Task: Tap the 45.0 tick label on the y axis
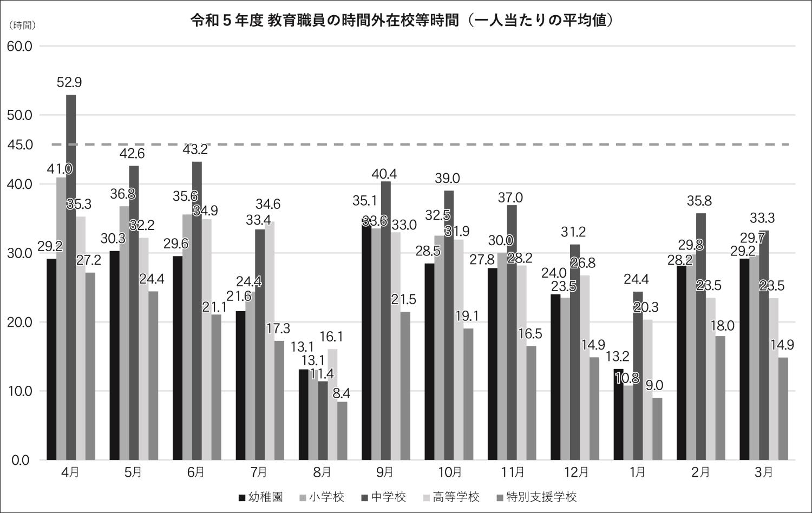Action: point(20,144)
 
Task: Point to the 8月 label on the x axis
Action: point(322,472)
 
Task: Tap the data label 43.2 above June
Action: point(197,149)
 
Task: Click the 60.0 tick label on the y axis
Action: point(20,47)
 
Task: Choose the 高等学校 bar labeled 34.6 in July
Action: point(270,340)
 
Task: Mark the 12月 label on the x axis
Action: point(575,472)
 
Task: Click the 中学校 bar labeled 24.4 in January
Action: point(638,376)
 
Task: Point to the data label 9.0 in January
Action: point(654,386)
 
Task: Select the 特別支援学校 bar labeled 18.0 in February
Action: point(720,398)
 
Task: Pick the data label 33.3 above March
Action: point(762,218)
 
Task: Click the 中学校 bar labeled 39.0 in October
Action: point(449,325)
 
